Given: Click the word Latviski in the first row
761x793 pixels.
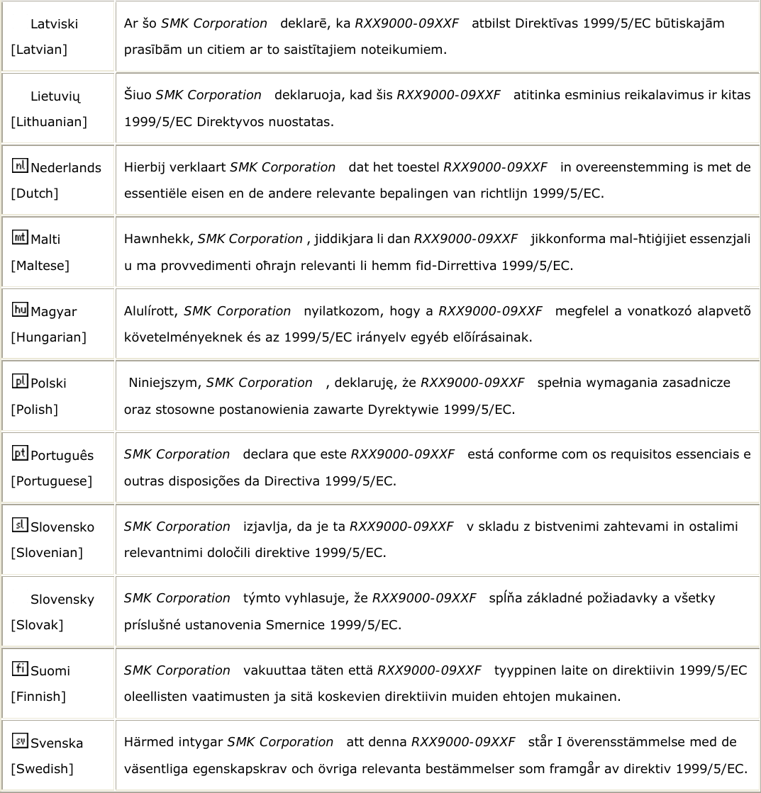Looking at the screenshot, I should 54,23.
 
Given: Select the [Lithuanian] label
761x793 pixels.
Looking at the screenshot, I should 49,121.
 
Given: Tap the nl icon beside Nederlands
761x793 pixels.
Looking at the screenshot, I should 20,167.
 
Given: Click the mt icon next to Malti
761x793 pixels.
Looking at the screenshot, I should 20,238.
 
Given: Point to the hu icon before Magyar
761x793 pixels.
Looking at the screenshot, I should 20,310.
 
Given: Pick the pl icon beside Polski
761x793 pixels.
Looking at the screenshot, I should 20,383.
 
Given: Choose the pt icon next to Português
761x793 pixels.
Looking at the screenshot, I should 20,454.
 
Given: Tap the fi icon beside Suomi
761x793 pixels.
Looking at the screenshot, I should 20,669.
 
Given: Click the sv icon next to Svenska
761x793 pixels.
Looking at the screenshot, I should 20,741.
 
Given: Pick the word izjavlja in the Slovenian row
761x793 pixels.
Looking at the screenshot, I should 265,527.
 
